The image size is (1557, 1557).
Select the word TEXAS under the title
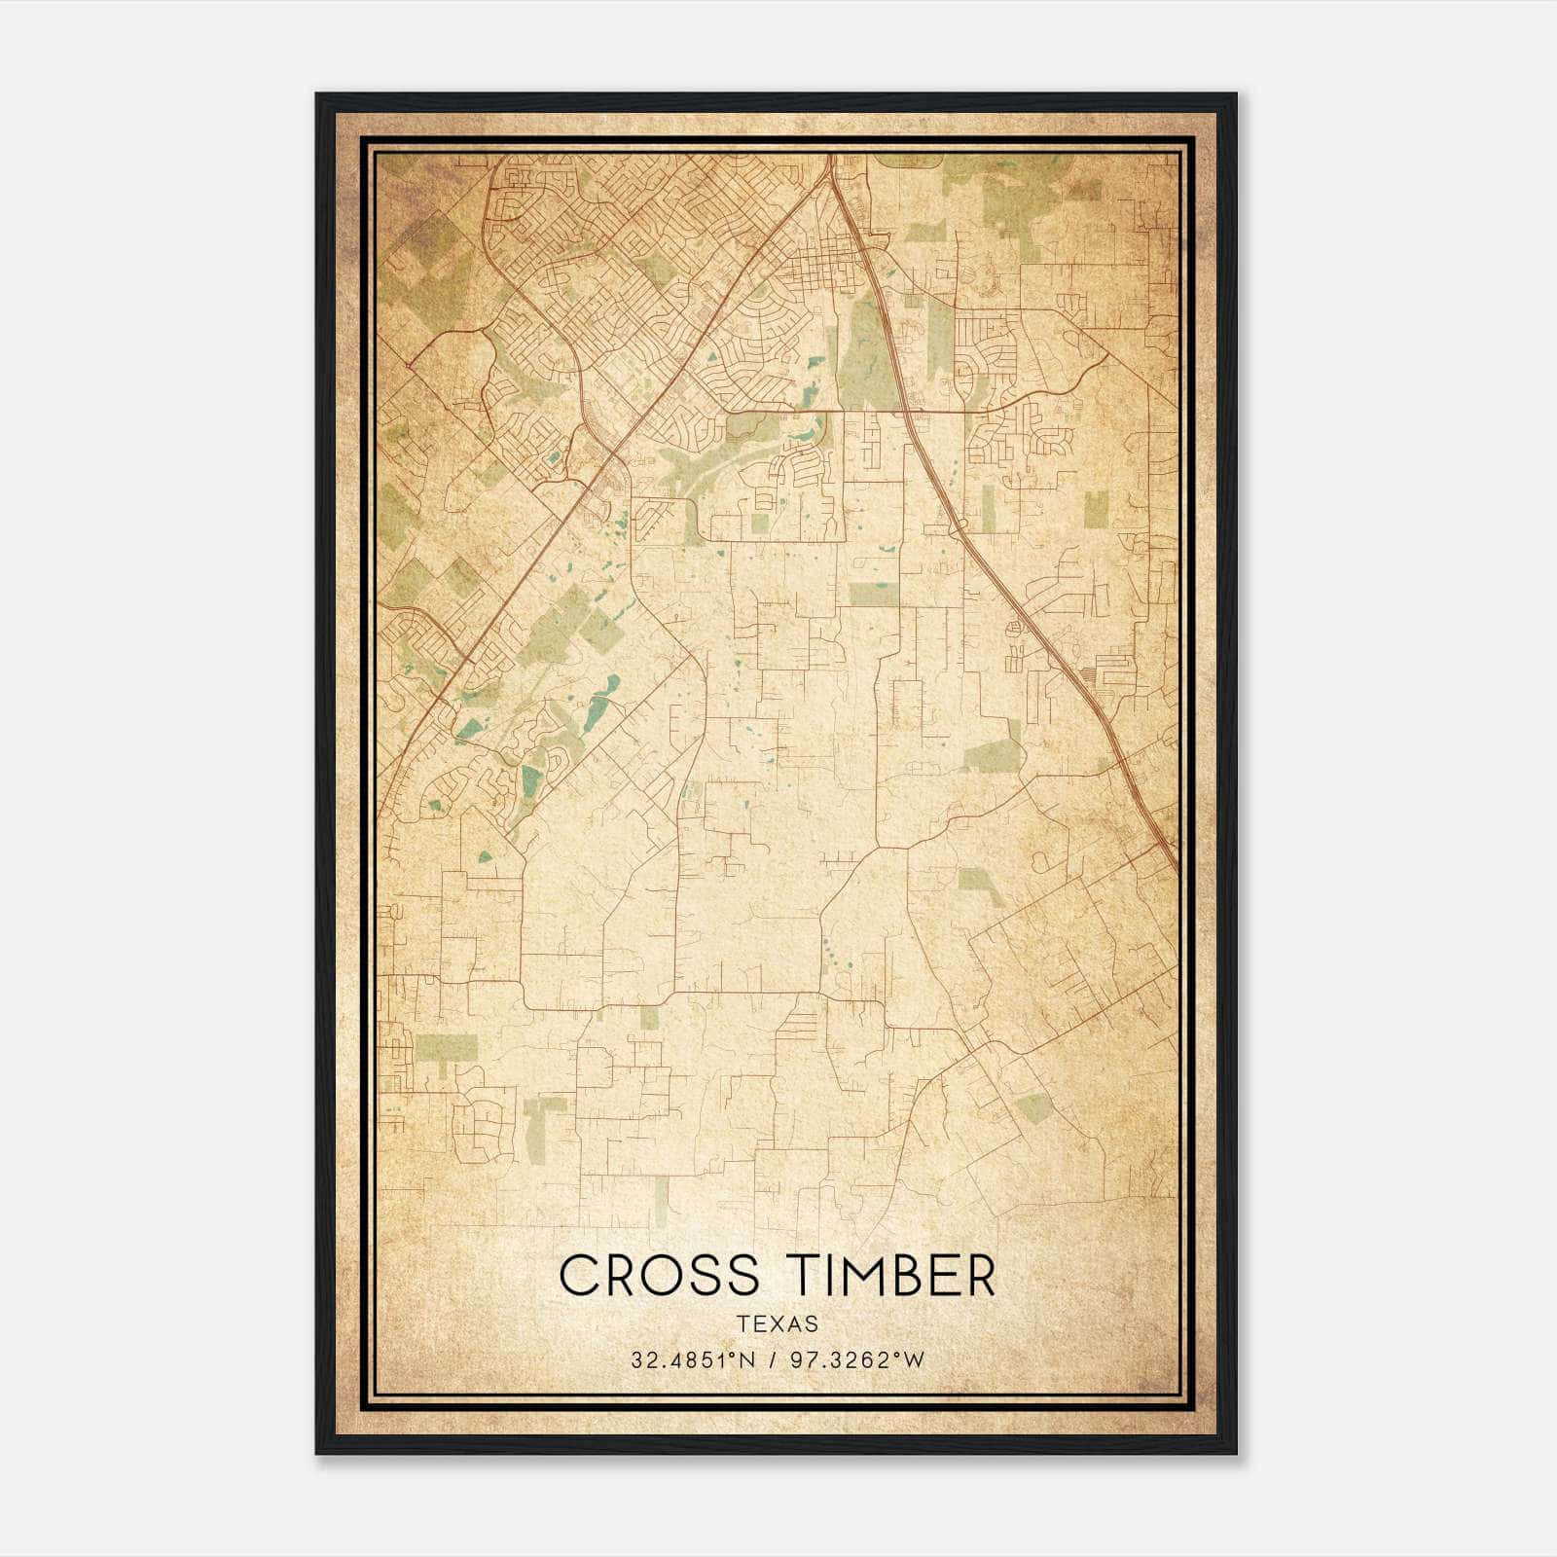pyautogui.click(x=778, y=1323)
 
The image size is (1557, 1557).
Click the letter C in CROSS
pyautogui.click(x=578, y=1276)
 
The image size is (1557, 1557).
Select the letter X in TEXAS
pyautogui.click(x=778, y=1323)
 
